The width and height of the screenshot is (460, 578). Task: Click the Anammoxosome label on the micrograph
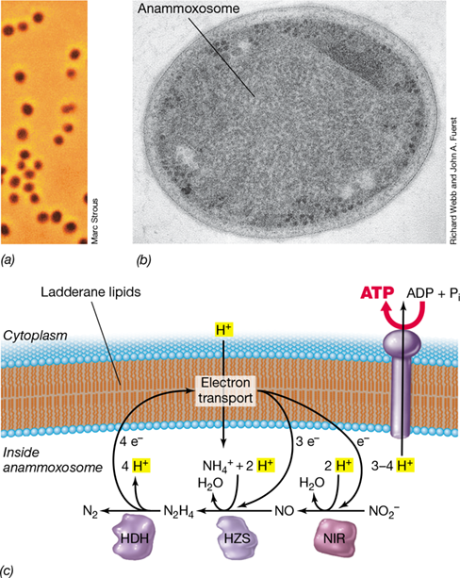pos(189,8)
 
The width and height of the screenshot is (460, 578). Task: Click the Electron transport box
pos(225,390)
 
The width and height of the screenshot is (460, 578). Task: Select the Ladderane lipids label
pos(90,292)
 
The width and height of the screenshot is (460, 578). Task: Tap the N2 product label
pos(90,512)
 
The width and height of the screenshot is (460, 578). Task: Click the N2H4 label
pos(178,512)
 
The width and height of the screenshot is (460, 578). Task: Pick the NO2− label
pos(385,511)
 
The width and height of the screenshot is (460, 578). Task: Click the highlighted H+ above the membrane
pos(224,330)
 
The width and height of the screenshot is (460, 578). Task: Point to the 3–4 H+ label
pos(393,466)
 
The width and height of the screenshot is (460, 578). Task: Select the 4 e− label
pos(131,441)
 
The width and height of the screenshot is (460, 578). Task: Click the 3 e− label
pos(307,441)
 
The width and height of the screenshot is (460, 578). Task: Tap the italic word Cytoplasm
pos(36,336)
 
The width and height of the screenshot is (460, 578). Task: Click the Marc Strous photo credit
pos(94,222)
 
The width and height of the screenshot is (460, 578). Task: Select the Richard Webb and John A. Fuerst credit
pos(453,181)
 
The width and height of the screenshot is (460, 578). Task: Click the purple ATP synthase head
pos(402,342)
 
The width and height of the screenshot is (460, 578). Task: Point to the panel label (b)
pos(143,260)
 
